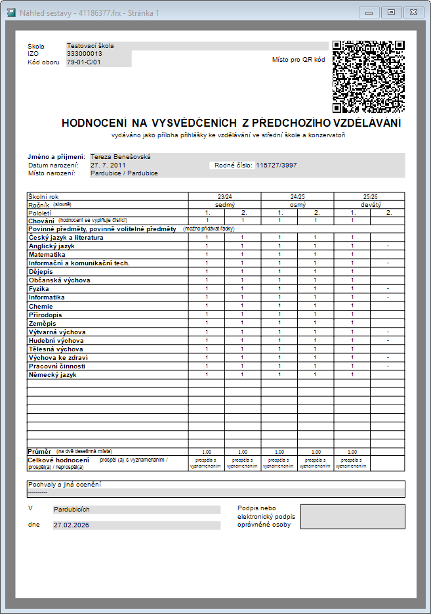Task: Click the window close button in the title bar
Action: coord(413,12)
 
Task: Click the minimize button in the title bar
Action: coord(370,12)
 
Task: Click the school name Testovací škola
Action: coord(91,46)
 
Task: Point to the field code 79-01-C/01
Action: coord(84,62)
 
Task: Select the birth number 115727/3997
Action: coord(276,165)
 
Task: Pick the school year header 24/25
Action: coord(297,196)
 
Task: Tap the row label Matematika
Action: coord(47,254)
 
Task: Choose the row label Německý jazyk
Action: coord(52,374)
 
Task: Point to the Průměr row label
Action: coord(39,452)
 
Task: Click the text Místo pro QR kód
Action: coord(298,60)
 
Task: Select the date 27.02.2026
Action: coord(72,525)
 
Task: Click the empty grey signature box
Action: coord(352,517)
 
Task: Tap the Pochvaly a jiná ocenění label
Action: coord(64,485)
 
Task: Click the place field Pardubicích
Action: coord(72,509)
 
